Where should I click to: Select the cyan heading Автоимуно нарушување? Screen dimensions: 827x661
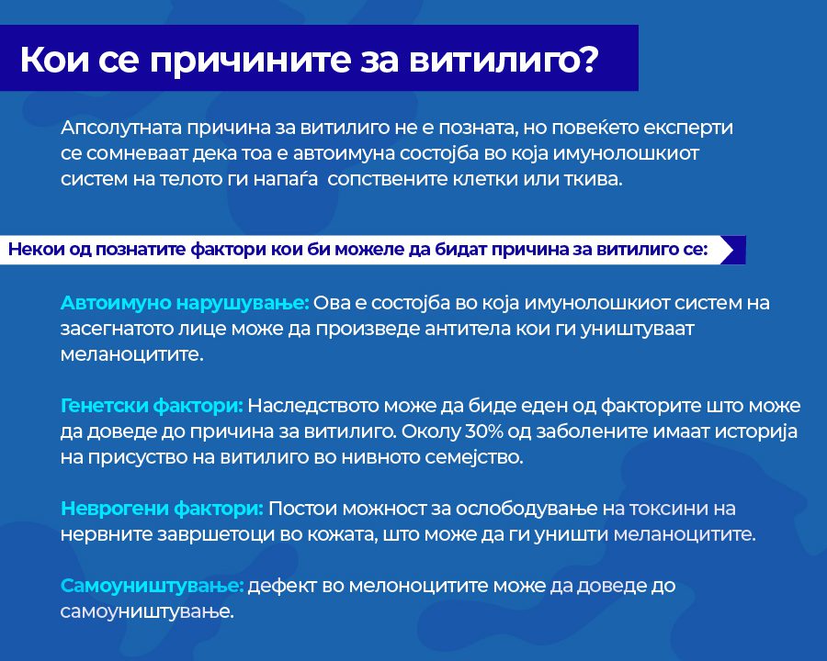(x=185, y=303)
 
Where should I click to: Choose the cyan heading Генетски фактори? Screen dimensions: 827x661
(x=152, y=406)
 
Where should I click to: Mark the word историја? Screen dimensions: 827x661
(x=755, y=432)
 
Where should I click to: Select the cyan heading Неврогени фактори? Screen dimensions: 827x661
(x=162, y=509)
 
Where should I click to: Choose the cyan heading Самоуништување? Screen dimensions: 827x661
(x=153, y=586)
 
